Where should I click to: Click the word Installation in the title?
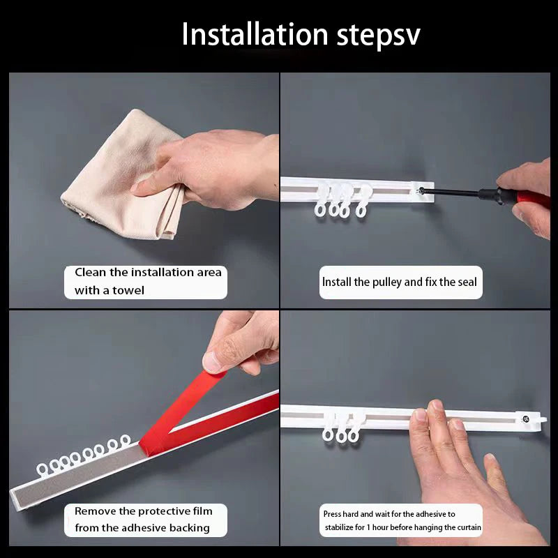[255, 34]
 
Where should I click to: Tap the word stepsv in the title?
[378, 37]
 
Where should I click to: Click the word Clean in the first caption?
[91, 272]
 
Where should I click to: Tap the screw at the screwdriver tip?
[421, 190]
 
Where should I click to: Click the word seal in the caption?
[467, 282]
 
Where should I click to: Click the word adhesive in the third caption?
[144, 528]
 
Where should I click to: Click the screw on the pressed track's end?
[526, 419]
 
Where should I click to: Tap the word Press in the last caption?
[332, 514]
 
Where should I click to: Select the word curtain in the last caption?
[469, 527]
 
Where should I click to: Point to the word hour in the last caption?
[380, 527]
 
